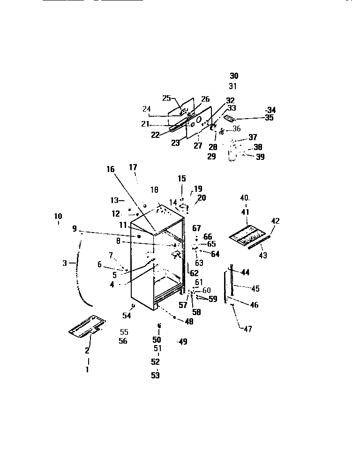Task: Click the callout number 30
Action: pos(234,75)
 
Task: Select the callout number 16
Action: pos(110,170)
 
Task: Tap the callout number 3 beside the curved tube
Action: pos(65,263)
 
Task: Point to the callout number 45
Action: pos(255,289)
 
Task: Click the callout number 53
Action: pos(155,375)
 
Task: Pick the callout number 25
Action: pos(166,98)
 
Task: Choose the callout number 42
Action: pos(275,221)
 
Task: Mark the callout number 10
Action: pos(58,216)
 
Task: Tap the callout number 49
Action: pos(182,342)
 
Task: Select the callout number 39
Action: pos(260,157)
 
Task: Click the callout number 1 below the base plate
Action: pos(87,369)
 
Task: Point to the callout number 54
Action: pos(127,316)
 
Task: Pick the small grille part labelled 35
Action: pos(230,119)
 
